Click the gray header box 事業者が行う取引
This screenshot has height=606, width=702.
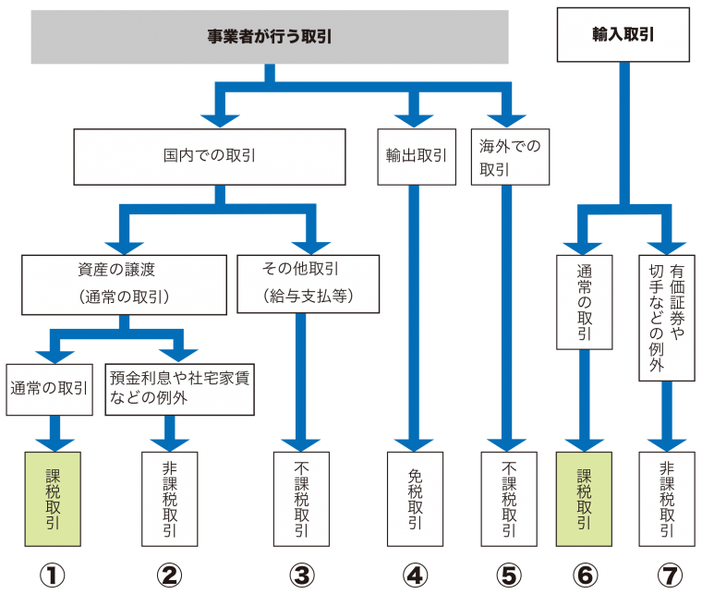[270, 37]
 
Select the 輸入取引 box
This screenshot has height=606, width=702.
[623, 34]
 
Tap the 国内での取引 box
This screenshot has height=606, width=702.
[210, 157]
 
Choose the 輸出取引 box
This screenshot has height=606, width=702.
[417, 157]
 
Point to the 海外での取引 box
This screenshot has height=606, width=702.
[510, 157]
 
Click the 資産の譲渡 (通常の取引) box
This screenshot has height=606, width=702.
[124, 285]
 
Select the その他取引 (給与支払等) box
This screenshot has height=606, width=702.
[308, 284]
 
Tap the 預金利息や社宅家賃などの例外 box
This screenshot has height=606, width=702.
[179, 389]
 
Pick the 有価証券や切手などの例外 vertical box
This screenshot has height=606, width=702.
[667, 318]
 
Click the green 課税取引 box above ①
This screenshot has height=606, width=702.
[53, 499]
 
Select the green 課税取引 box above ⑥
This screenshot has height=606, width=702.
[584, 499]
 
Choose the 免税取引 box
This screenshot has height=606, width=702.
[415, 499]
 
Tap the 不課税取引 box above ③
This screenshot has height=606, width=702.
[301, 499]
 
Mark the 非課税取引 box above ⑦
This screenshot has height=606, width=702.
[667, 499]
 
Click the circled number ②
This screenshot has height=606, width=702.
[169, 576]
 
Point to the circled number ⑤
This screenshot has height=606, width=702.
[509, 576]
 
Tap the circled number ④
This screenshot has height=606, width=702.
[415, 576]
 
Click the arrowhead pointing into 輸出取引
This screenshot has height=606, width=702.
[414, 121]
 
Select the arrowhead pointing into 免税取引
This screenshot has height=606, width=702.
[414, 445]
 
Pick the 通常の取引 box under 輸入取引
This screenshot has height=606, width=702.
[585, 302]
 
